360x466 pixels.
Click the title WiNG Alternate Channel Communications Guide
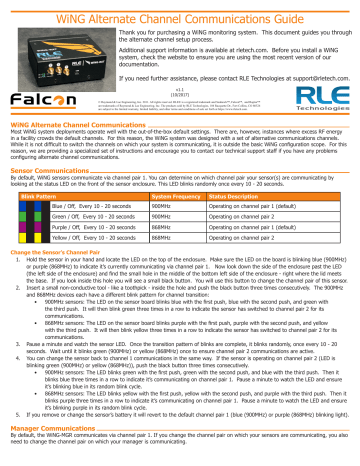180,10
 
